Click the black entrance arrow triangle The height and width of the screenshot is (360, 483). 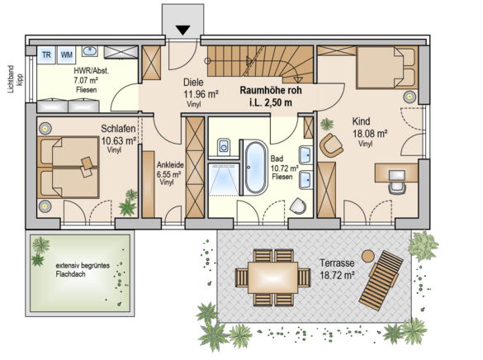point(184,31)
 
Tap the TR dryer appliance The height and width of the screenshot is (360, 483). point(46,54)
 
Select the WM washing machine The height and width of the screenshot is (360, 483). point(67,54)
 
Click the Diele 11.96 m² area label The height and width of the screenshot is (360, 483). point(201,93)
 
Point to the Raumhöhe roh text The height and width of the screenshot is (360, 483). point(271,90)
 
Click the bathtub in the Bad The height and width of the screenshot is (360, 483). point(256,168)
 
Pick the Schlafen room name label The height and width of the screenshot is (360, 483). point(119,129)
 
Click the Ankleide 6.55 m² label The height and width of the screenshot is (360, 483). point(169,173)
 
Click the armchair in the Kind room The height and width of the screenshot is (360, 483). point(331,145)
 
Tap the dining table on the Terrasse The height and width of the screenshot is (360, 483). point(273,277)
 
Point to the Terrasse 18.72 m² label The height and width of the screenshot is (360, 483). point(337,269)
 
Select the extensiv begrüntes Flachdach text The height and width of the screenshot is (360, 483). point(83,270)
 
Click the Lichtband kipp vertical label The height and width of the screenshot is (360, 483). point(16,78)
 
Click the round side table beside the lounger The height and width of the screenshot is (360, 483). point(367,256)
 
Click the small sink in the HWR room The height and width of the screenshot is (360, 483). point(90,51)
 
